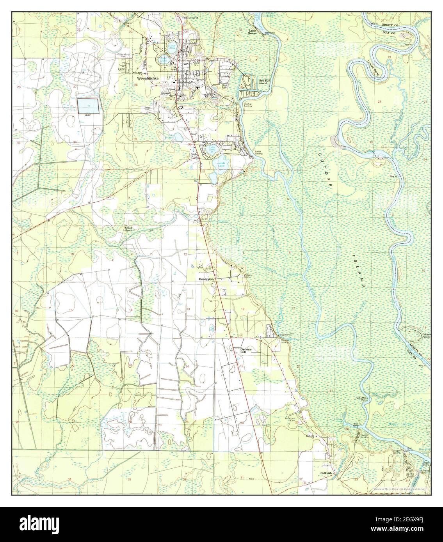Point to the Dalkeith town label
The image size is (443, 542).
(x=326, y=473)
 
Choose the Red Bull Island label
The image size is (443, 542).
(x=263, y=82)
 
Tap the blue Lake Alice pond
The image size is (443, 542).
(x=172, y=48)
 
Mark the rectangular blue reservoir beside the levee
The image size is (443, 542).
(x=87, y=106)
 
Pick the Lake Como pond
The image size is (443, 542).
(x=212, y=149)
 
